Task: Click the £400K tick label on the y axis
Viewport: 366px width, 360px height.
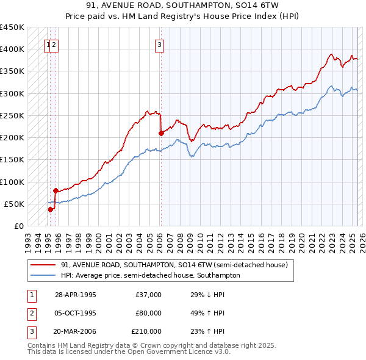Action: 12,49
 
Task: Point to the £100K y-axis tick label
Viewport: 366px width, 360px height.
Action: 12,182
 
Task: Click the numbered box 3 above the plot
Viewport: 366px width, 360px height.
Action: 159,44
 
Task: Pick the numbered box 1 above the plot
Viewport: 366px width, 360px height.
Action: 48,44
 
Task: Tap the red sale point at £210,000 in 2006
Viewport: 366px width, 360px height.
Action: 161,133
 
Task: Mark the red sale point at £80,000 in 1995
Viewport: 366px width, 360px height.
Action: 56,190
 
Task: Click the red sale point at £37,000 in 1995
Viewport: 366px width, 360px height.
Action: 51,209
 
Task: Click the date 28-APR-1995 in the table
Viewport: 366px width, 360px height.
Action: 75,295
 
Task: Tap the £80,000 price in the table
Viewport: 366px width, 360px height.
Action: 149,313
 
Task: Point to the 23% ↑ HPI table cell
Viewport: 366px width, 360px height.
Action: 207,331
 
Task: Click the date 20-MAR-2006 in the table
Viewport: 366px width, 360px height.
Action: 76,331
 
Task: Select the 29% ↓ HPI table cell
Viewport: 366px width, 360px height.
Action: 207,295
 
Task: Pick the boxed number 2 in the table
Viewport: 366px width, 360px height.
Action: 30,313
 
